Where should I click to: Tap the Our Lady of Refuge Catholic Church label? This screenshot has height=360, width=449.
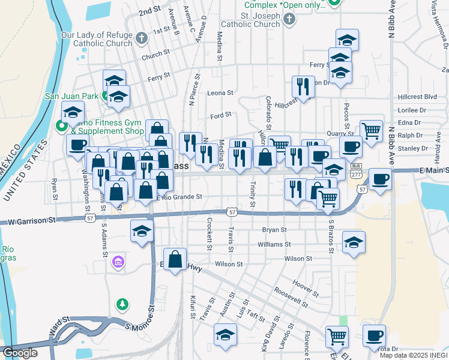(97, 39)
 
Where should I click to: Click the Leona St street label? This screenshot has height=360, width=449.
(220, 93)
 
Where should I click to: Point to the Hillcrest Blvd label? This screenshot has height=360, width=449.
(417, 97)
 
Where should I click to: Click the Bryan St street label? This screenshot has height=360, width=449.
(275, 230)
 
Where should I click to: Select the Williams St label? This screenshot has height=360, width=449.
(274, 245)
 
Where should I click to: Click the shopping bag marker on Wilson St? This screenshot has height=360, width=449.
(175, 260)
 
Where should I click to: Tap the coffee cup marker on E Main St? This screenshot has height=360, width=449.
(379, 179)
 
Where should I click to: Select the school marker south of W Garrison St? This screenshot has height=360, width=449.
(142, 231)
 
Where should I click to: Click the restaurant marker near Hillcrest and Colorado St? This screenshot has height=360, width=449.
(303, 86)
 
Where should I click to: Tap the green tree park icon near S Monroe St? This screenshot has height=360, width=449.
(122, 305)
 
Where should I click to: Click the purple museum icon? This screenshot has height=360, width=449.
(118, 262)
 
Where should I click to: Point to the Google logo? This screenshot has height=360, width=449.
(20, 353)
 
